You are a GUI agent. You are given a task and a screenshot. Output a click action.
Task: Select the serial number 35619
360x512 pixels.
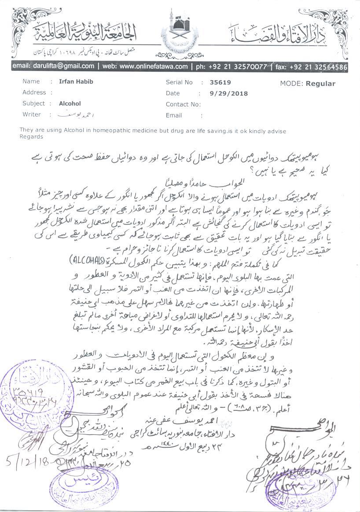pyautogui.click(x=220, y=82)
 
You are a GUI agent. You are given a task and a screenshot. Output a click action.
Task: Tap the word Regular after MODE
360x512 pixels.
pyautogui.click(x=320, y=84)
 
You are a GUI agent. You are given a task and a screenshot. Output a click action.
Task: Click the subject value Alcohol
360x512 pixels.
pyautogui.click(x=70, y=104)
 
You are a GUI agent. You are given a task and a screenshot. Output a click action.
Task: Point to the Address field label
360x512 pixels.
pyautogui.click(x=34, y=93)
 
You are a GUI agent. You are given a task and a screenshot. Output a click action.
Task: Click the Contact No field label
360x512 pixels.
pyautogui.click(x=183, y=104)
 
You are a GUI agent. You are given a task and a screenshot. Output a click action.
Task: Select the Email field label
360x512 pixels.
pyautogui.click(x=174, y=115)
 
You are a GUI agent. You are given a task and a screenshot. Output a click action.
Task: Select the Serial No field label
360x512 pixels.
pyautogui.click(x=179, y=82)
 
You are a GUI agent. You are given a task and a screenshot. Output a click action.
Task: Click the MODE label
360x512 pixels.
pyautogui.click(x=290, y=84)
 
